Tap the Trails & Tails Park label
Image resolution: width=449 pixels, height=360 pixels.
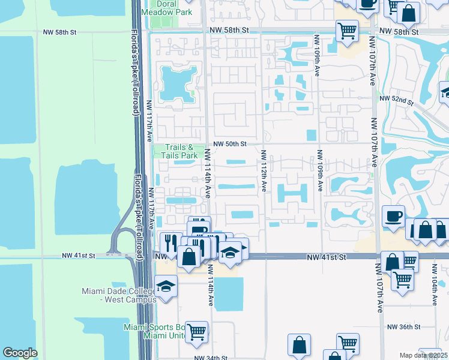click(x=178, y=151)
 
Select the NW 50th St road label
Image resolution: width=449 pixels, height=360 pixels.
click(x=231, y=144)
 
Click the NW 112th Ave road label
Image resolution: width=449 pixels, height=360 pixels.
click(x=263, y=171)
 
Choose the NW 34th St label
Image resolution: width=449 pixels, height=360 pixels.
click(x=210, y=357)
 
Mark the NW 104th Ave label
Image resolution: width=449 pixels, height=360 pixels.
click(x=435, y=292)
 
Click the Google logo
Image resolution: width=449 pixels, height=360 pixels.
click(x=20, y=353)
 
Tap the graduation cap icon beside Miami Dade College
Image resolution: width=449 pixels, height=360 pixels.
click(x=166, y=286)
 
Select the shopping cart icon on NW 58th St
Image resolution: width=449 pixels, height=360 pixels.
click(x=346, y=30)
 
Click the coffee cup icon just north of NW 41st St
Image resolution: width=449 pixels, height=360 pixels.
click(x=394, y=216)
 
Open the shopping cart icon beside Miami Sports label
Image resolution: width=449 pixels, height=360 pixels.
click(x=196, y=331)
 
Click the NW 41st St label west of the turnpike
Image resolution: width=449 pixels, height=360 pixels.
click(x=79, y=256)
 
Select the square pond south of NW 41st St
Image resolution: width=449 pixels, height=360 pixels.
click(x=229, y=294)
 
